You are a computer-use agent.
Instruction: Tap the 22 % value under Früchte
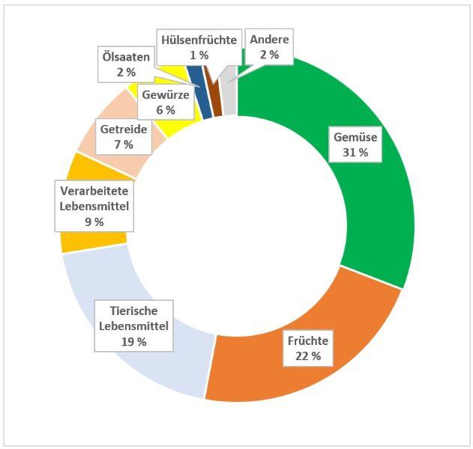(x=307, y=356)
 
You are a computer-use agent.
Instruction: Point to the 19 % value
(x=133, y=341)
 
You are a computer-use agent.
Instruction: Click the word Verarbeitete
(x=94, y=191)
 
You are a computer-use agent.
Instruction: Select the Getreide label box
(x=123, y=136)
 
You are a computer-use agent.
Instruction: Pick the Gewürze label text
(x=166, y=95)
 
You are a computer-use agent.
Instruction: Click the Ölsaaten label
(x=125, y=57)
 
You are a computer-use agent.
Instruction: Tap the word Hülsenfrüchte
(x=198, y=40)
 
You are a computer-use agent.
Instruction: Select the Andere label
(x=269, y=40)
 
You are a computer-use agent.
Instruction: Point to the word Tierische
(x=133, y=311)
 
